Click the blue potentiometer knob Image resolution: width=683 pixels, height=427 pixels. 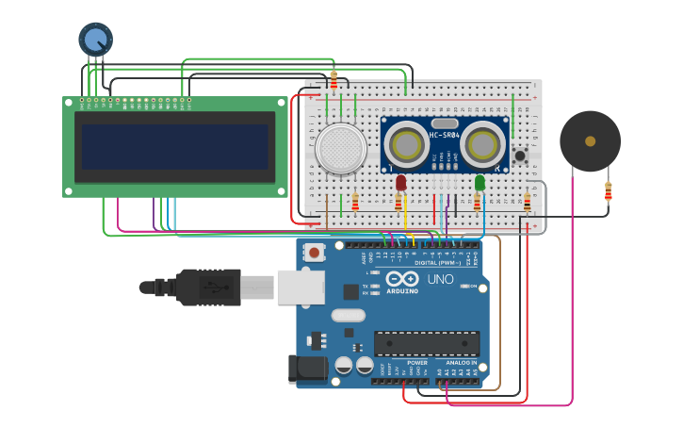pyautogui.click(x=95, y=39)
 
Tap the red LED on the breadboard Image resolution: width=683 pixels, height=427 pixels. pyautogui.click(x=401, y=182)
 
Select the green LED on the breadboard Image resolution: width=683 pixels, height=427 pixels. pyautogui.click(x=480, y=182)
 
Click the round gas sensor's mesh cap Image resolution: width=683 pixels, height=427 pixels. pyautogui.click(x=341, y=149)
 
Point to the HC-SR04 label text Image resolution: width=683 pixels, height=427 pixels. pyautogui.click(x=446, y=135)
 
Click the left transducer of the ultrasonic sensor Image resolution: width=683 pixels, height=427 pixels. pyautogui.click(x=406, y=144)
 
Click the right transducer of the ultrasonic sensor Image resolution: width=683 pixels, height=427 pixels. pyautogui.click(x=484, y=144)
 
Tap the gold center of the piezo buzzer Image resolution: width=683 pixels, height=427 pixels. pyautogui.click(x=590, y=141)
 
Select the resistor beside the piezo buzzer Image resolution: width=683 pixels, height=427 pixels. pyautogui.click(x=608, y=193)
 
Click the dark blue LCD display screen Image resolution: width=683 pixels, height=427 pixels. pyautogui.click(x=174, y=147)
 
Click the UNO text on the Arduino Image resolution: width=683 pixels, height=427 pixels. pyautogui.click(x=441, y=280)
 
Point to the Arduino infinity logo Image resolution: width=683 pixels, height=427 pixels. pyautogui.click(x=401, y=279)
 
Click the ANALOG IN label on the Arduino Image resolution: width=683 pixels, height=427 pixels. pyautogui.click(x=461, y=363)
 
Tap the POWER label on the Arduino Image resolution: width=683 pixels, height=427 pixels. pyautogui.click(x=417, y=363)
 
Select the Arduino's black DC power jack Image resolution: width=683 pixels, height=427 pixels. pyautogui.click(x=307, y=369)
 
